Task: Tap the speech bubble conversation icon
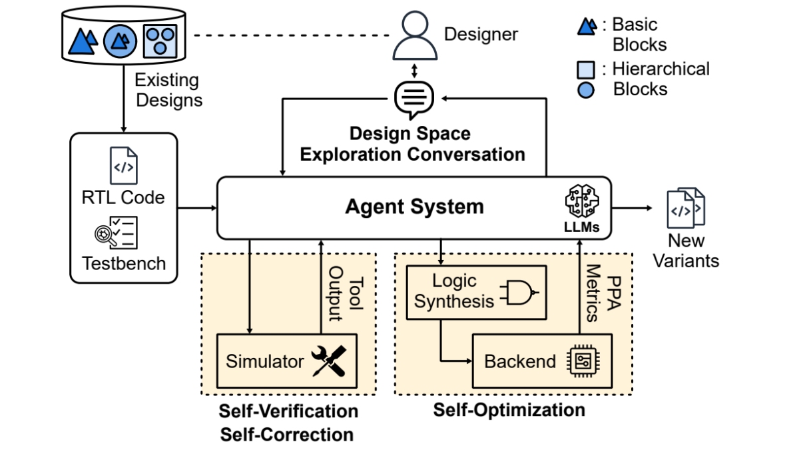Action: [x=414, y=99]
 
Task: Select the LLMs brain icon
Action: [x=582, y=201]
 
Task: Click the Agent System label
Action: [x=414, y=207]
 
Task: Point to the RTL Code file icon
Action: [x=123, y=165]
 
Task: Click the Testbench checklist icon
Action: [x=118, y=233]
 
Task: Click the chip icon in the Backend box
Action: [x=581, y=361]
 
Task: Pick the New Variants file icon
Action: [x=686, y=208]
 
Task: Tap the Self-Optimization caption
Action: [x=509, y=409]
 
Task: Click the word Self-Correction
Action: [x=287, y=435]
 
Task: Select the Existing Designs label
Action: [x=167, y=91]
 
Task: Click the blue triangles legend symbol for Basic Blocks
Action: [x=587, y=27]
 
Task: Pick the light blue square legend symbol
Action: [x=585, y=69]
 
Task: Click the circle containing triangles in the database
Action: [x=121, y=41]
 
